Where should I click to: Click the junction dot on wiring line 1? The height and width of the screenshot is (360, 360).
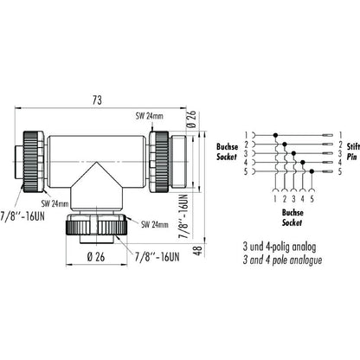tap(276, 135)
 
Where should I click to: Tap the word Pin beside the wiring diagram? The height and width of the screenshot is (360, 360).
tap(346, 152)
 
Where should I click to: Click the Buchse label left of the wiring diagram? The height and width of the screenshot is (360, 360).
tap(227, 143)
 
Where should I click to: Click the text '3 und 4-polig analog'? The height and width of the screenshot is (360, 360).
tap(282, 245)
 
